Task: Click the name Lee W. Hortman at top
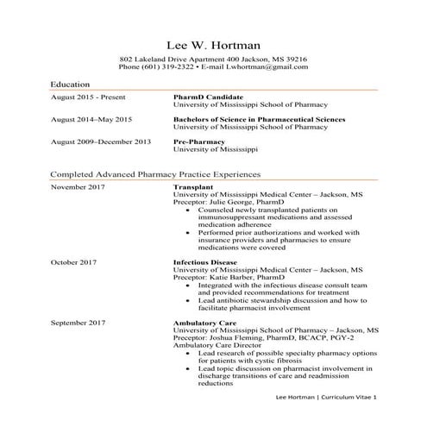[x=213, y=44]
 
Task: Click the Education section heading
[x=72, y=85]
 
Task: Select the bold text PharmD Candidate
[x=207, y=97]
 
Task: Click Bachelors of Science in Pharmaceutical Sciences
[x=259, y=119]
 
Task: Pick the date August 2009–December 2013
[x=101, y=141]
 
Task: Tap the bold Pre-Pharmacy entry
[x=199, y=141]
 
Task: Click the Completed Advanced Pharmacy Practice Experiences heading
[x=154, y=174]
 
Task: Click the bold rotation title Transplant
[x=193, y=187]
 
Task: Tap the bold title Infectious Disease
[x=204, y=261]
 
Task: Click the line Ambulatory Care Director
[x=216, y=345]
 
